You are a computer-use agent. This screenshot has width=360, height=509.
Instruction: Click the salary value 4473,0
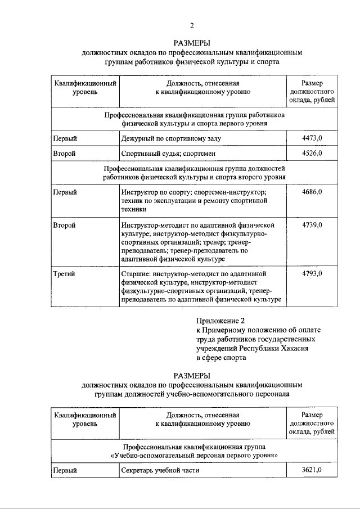tap(312, 137)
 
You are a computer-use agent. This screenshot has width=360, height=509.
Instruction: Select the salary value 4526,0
tap(312, 152)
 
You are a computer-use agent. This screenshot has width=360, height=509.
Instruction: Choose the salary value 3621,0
tap(312, 470)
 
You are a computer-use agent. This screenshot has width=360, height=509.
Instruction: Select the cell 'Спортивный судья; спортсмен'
tap(168, 153)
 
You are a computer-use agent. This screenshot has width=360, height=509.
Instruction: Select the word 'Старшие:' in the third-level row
tap(136, 274)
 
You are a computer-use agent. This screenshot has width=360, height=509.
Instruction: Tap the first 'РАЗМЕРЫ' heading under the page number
tap(192, 43)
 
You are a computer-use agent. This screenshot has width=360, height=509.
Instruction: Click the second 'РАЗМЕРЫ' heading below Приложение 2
tap(192, 375)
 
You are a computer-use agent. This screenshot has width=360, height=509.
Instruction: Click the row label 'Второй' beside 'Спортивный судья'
tap(64, 153)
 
